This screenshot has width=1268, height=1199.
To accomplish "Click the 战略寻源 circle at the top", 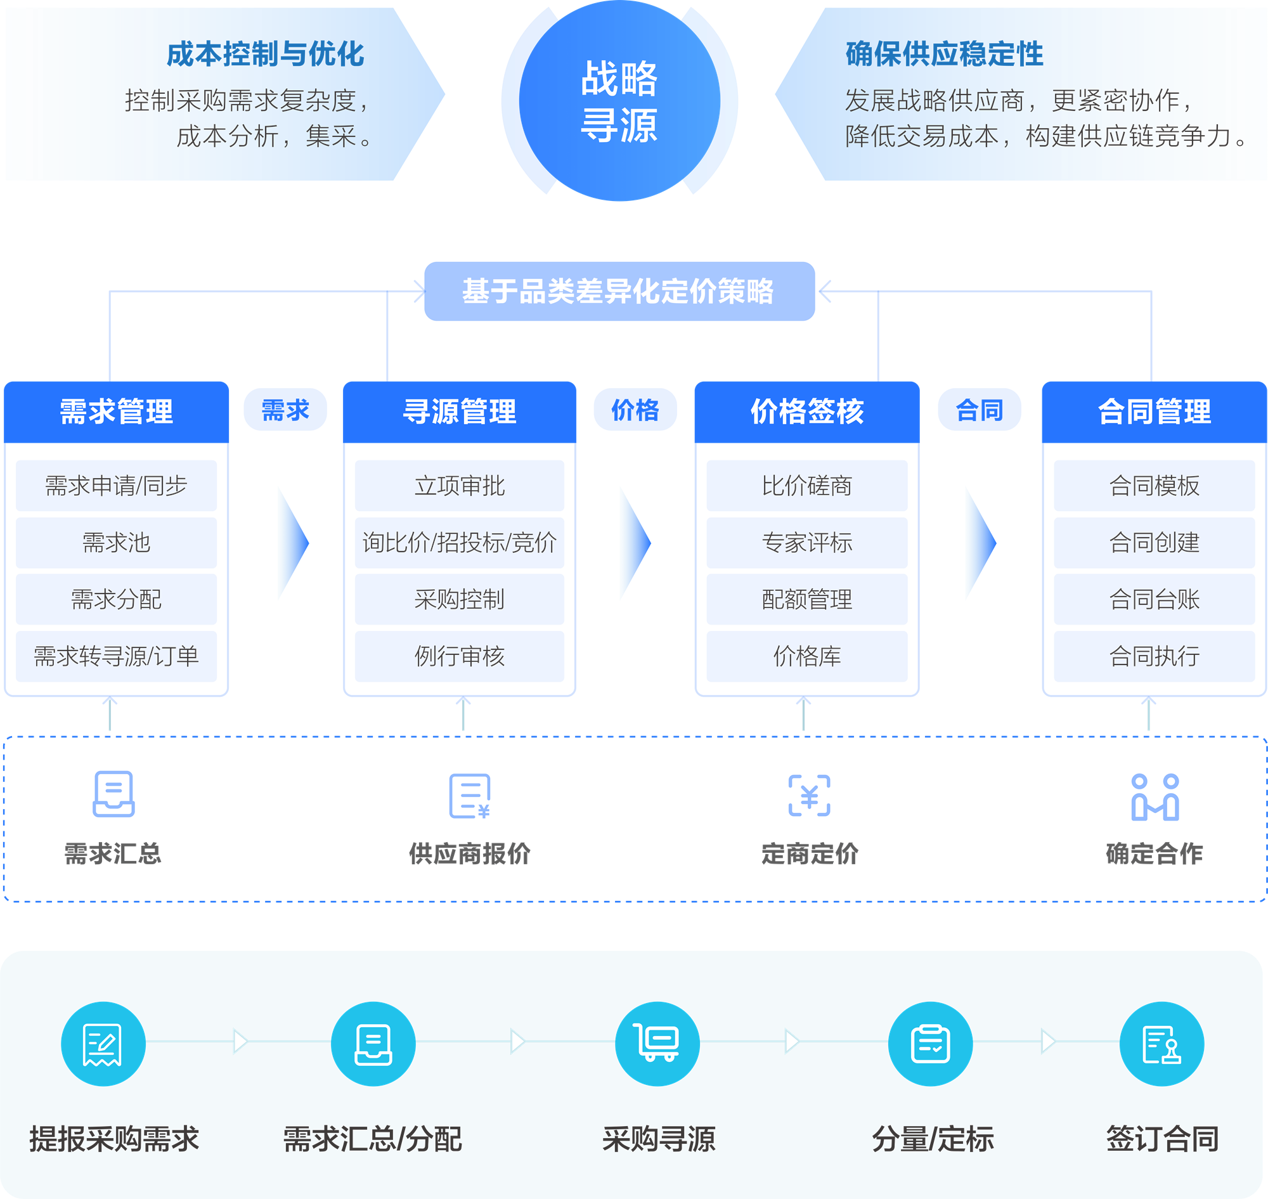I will [x=619, y=101].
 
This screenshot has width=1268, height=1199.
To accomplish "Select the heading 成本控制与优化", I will [x=264, y=55].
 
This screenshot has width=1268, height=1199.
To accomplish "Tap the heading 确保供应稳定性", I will [x=944, y=55].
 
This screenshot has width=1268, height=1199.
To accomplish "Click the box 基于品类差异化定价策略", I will [x=619, y=292].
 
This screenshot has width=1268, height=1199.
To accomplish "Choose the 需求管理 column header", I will [x=116, y=412].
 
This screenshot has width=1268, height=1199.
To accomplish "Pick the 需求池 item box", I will [x=116, y=543].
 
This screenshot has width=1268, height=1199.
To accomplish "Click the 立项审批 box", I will [x=459, y=486].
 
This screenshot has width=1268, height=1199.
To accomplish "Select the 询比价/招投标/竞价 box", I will [x=459, y=543].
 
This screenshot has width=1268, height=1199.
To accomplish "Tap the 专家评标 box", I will [x=806, y=543].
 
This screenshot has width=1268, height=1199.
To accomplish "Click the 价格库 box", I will [x=806, y=656].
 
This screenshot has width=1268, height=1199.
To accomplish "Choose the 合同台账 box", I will [x=1154, y=600].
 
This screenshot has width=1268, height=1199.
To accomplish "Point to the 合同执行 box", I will [x=1154, y=656].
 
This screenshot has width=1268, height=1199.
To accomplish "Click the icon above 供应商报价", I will [x=470, y=796].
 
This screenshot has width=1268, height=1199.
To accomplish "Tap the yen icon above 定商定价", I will [x=809, y=796].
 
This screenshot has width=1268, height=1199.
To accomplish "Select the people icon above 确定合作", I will [x=1155, y=797].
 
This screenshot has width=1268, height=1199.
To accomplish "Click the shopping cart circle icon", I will [x=657, y=1044].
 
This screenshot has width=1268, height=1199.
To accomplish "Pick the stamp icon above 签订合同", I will [x=1161, y=1044].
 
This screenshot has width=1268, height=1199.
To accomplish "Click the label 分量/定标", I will [x=933, y=1139].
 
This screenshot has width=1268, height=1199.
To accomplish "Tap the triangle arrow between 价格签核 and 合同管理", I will [x=980, y=543].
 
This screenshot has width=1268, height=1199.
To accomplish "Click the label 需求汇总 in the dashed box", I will [x=113, y=854].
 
